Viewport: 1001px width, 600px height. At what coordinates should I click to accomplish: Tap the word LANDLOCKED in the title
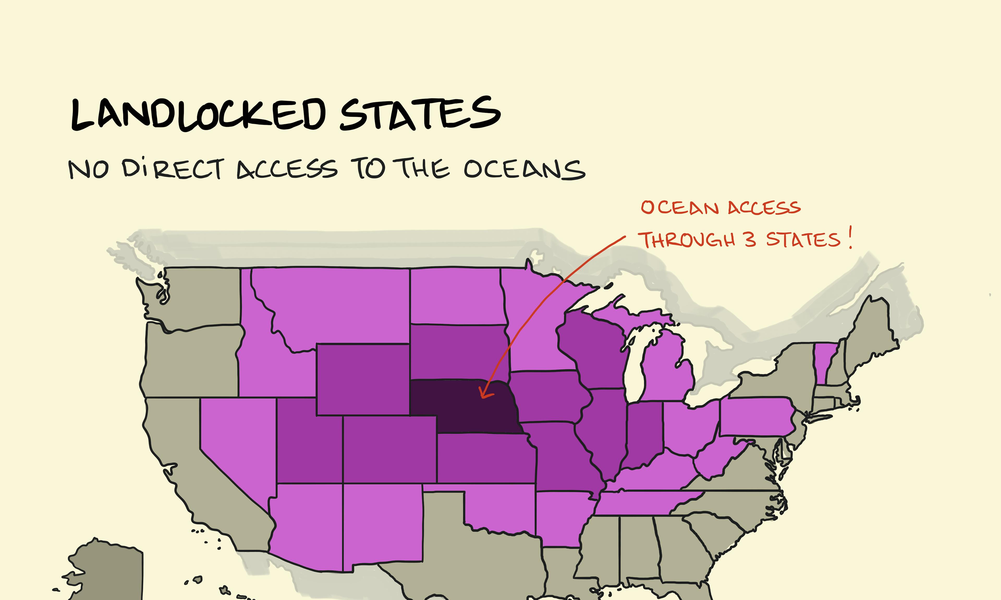point(198,115)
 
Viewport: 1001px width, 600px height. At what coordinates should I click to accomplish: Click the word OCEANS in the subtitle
point(524,169)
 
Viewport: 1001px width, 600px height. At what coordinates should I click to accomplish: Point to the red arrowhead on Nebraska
point(484,394)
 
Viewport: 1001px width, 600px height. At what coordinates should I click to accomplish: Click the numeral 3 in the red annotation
point(750,240)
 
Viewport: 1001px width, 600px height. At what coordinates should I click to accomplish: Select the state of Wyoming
point(363,379)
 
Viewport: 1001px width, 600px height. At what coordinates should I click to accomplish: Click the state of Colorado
point(389,449)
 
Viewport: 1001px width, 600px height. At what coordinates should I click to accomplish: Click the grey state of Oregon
point(190,362)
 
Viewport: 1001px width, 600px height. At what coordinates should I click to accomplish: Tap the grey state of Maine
point(870,332)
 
